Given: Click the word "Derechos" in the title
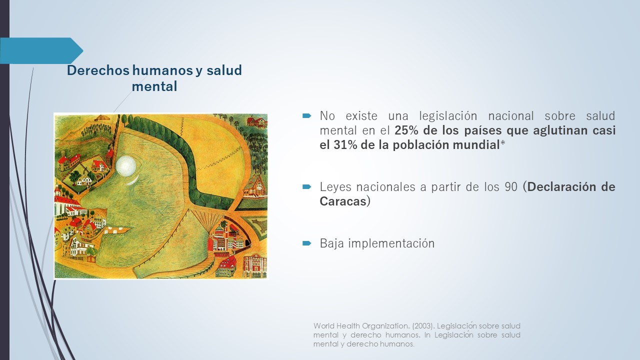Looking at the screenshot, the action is pos(98,70).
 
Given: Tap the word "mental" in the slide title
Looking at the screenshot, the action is pos(154,86).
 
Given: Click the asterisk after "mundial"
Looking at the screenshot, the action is pos(502,143).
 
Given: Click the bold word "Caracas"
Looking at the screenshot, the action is pos(343,201).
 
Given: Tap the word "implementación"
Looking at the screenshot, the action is pos(391,243).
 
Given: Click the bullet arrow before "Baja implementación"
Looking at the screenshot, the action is pos(306,243).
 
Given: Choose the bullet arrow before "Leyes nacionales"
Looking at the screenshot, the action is pos(306,187).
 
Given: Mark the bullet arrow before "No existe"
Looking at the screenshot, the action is pos(306,115).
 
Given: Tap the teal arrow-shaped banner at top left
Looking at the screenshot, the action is pos(41,50).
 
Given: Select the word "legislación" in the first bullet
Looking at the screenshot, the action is pos(448,116).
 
